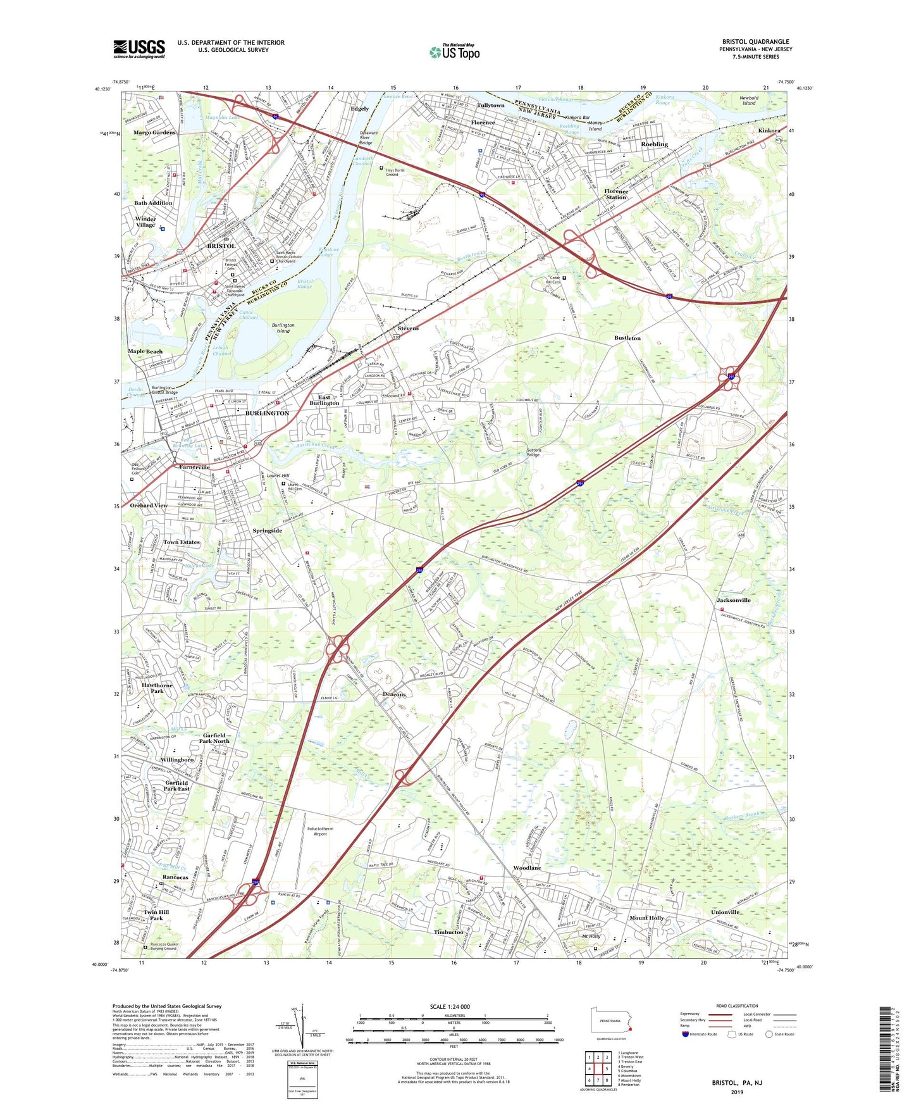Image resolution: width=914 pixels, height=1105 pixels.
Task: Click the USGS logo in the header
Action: click(x=139, y=49)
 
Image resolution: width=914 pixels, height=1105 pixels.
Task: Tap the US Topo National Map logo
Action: click(x=454, y=52)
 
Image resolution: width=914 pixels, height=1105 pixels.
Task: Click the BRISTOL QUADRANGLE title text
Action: click(x=755, y=42)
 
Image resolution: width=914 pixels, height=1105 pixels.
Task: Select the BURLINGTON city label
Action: click(x=267, y=413)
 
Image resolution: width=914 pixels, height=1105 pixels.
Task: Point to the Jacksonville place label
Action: click(x=733, y=600)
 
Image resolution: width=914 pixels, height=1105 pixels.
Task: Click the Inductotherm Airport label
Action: click(x=320, y=831)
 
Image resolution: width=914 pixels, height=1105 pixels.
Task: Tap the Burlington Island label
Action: click(x=283, y=328)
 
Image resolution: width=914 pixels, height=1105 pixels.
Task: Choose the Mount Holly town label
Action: click(x=646, y=918)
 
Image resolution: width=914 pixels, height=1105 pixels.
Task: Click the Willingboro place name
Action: click(x=177, y=759)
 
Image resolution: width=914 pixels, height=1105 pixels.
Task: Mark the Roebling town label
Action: click(x=654, y=144)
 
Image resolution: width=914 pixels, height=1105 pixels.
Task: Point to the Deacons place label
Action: click(x=394, y=694)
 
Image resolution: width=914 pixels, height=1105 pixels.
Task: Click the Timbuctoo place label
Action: click(x=448, y=932)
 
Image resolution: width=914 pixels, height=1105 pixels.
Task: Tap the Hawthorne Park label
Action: click(x=157, y=688)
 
